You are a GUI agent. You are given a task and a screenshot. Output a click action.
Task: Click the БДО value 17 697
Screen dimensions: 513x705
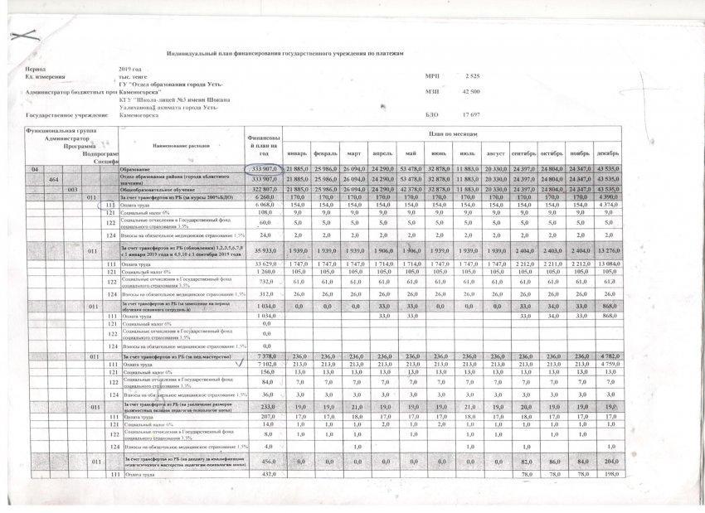point(471,114)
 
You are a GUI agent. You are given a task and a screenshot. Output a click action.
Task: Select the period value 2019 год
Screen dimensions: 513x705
point(132,69)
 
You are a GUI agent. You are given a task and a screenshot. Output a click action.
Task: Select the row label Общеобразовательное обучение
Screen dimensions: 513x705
point(162,190)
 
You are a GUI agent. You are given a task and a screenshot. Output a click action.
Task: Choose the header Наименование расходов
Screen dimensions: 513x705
point(176,145)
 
